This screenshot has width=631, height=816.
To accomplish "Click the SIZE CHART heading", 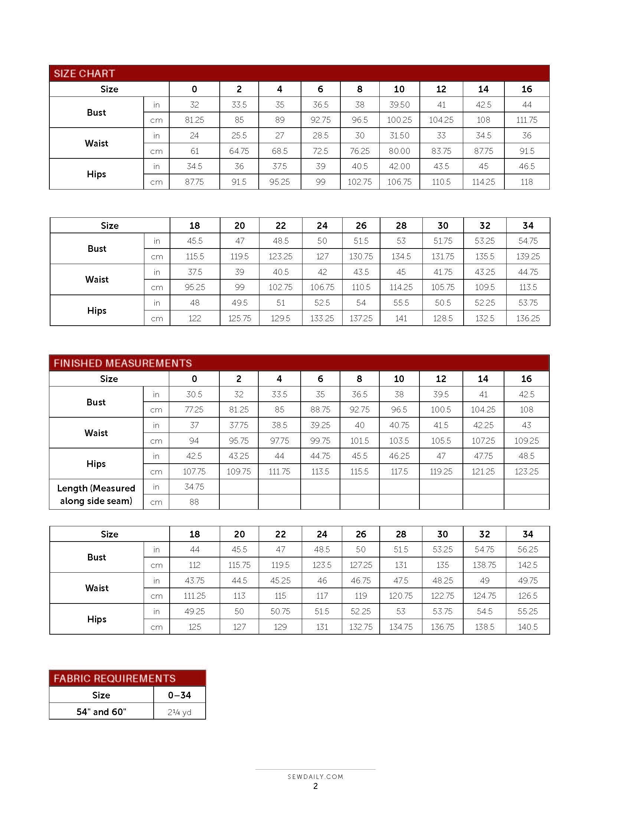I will coord(84,73).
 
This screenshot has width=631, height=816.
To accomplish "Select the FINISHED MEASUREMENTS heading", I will coord(122,363).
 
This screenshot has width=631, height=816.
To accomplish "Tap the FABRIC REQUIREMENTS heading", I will coord(114,678).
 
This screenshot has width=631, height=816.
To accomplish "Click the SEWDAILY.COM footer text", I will coord(315,777).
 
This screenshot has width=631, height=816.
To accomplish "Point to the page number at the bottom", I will coord(315,786).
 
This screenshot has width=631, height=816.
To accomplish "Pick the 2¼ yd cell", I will coord(179,712).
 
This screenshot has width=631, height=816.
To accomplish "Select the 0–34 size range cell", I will coord(179,695).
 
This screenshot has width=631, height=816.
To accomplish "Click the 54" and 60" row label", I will coord(101,712).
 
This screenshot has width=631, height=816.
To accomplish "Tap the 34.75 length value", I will coord(194,487).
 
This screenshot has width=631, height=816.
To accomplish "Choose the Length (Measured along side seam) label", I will coord(96,494).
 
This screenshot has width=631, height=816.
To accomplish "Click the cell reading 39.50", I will coord(399,105).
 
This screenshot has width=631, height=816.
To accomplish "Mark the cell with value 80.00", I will coord(399,151).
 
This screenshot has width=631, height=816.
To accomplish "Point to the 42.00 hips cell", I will coord(399,166).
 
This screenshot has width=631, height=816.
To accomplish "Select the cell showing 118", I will coord(526,182).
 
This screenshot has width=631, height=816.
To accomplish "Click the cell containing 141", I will coord(401,318).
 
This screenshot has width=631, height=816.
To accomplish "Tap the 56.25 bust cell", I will coord(527,550).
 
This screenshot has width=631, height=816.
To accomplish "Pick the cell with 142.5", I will coord(527,565).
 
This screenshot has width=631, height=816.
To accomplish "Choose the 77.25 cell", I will coord(194,409).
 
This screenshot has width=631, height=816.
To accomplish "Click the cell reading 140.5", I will coord(527,627).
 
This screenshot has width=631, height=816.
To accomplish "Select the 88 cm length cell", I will coord(194,502).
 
